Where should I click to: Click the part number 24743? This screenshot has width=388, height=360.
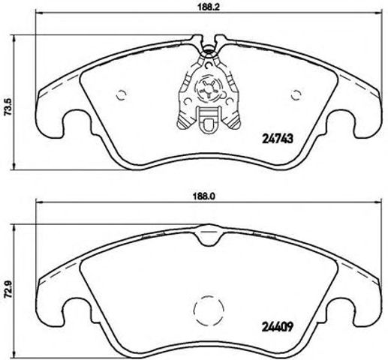277,137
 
